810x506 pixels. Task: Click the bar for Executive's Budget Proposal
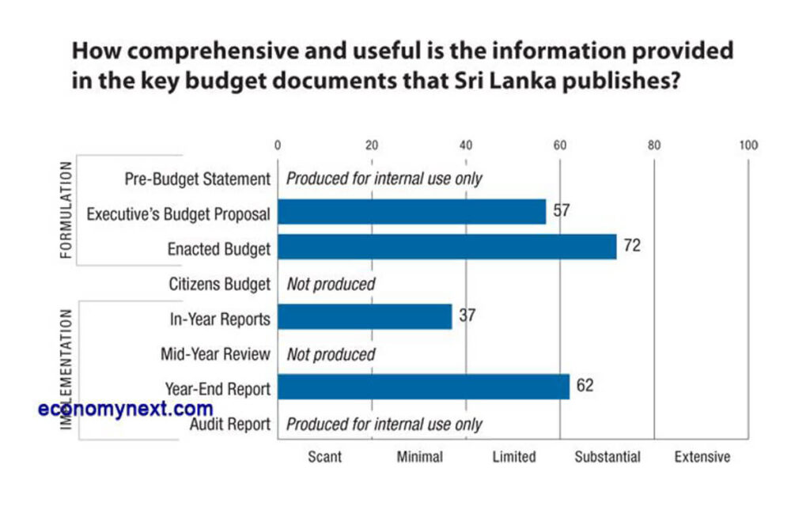coord(411,212)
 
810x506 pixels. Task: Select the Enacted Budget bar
coord(446,247)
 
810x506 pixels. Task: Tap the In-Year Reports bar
coord(364,317)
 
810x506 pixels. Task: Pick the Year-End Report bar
coord(423,387)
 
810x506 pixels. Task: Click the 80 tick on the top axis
coord(653,145)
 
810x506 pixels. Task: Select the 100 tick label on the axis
coord(748,145)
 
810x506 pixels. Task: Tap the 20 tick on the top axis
coord(371,145)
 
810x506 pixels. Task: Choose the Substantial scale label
coord(607,457)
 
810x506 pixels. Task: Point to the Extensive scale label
coord(702,457)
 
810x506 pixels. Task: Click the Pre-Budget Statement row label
coord(198,179)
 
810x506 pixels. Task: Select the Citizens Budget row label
coord(219,284)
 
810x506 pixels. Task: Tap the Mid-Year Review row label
coord(215,354)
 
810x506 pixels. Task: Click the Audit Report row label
coord(230,425)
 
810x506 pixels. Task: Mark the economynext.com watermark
coord(126,409)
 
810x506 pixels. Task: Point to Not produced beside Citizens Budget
coord(331,284)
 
